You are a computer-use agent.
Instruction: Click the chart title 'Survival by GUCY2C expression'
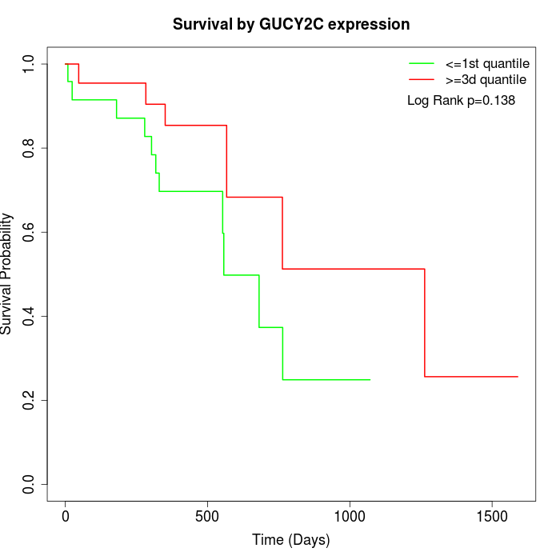tap(291, 25)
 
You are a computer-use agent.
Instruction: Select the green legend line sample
tap(421, 62)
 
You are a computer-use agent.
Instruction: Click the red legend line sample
tap(421, 79)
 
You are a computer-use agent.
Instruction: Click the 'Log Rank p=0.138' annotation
tap(461, 101)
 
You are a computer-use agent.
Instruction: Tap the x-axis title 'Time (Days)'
tap(291, 540)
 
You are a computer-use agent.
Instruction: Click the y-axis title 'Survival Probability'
tap(7, 274)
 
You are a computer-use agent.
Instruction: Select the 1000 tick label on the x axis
tap(350, 517)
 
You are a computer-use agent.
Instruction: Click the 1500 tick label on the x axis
tap(491, 517)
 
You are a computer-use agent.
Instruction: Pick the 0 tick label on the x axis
tap(66, 517)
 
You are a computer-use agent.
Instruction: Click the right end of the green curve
tap(370, 379)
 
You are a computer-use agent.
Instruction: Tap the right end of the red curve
tap(518, 376)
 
